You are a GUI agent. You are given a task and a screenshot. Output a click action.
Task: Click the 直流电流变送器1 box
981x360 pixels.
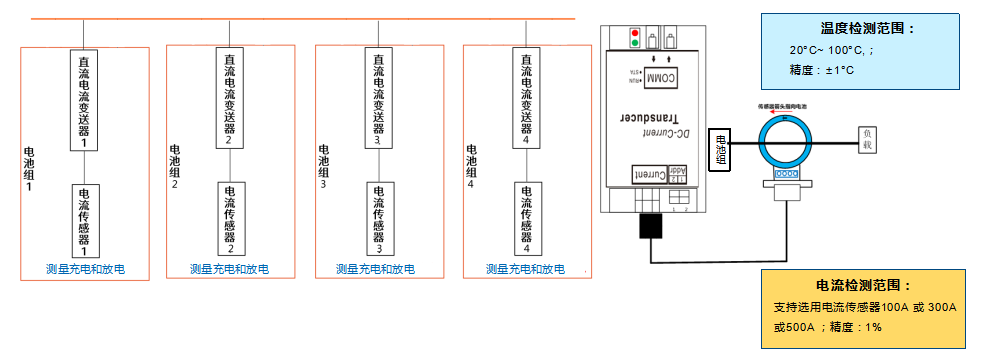pos(85,100)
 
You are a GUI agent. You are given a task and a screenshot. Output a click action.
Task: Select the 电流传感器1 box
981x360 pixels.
pos(84,220)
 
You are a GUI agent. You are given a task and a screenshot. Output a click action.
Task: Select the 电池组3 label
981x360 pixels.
pos(323,166)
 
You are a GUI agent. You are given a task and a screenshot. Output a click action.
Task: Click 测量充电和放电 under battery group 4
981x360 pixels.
pos(525,269)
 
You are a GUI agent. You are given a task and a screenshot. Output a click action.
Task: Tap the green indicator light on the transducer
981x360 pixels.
pos(632,45)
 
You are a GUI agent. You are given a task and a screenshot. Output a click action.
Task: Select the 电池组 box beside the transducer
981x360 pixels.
pos(721,150)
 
